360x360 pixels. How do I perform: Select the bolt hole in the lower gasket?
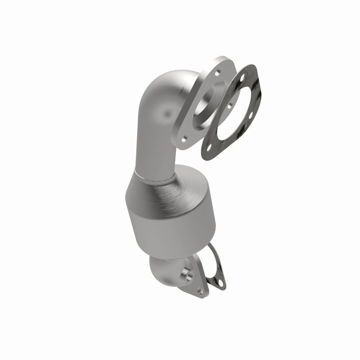pos(220,284)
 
